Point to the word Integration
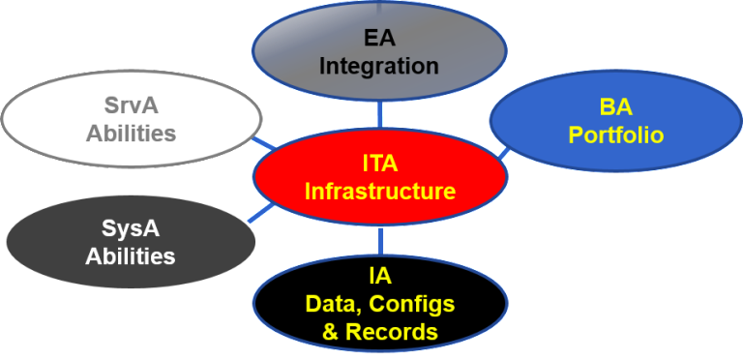pyautogui.click(x=379, y=67)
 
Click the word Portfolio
pyautogui.click(x=616, y=135)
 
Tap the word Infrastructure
pyautogui.click(x=379, y=191)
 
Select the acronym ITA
pyautogui.click(x=379, y=165)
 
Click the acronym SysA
pyautogui.click(x=131, y=230)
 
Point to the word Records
pyautogui.click(x=392, y=332)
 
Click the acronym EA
pyautogui.click(x=379, y=40)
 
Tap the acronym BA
pyautogui.click(x=616, y=107)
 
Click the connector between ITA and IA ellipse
pyautogui.click(x=380, y=239)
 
